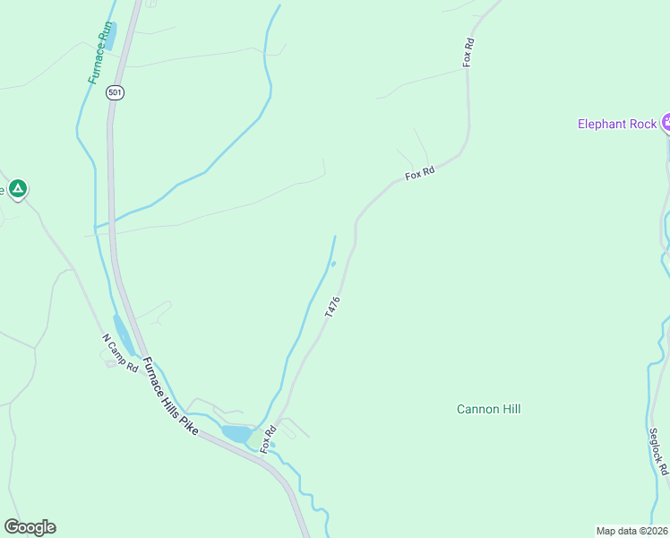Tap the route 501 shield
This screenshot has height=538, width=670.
(114, 92)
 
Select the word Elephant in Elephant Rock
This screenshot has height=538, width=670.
(603, 124)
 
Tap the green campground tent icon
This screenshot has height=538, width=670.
(18, 188)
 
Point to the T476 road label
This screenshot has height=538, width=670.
(332, 308)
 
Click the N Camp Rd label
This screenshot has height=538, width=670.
(120, 353)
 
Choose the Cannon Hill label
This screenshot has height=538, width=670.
(488, 409)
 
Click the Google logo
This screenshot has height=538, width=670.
(30, 527)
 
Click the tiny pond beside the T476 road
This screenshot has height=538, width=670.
(332, 264)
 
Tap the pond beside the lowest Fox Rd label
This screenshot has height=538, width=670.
(236, 434)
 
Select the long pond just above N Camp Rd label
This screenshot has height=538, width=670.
(125, 334)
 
